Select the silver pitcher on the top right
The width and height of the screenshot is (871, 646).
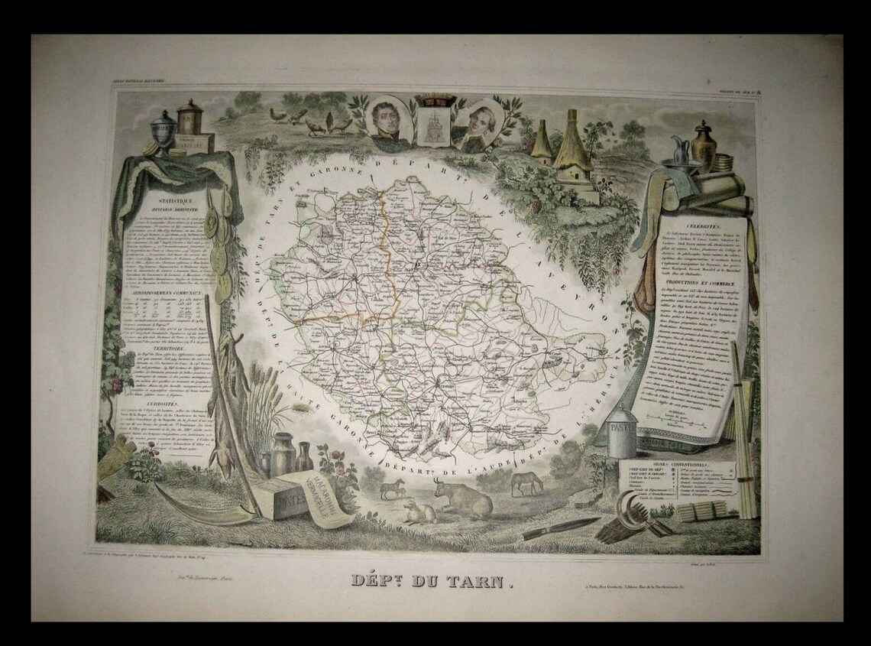click(x=679, y=147)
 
